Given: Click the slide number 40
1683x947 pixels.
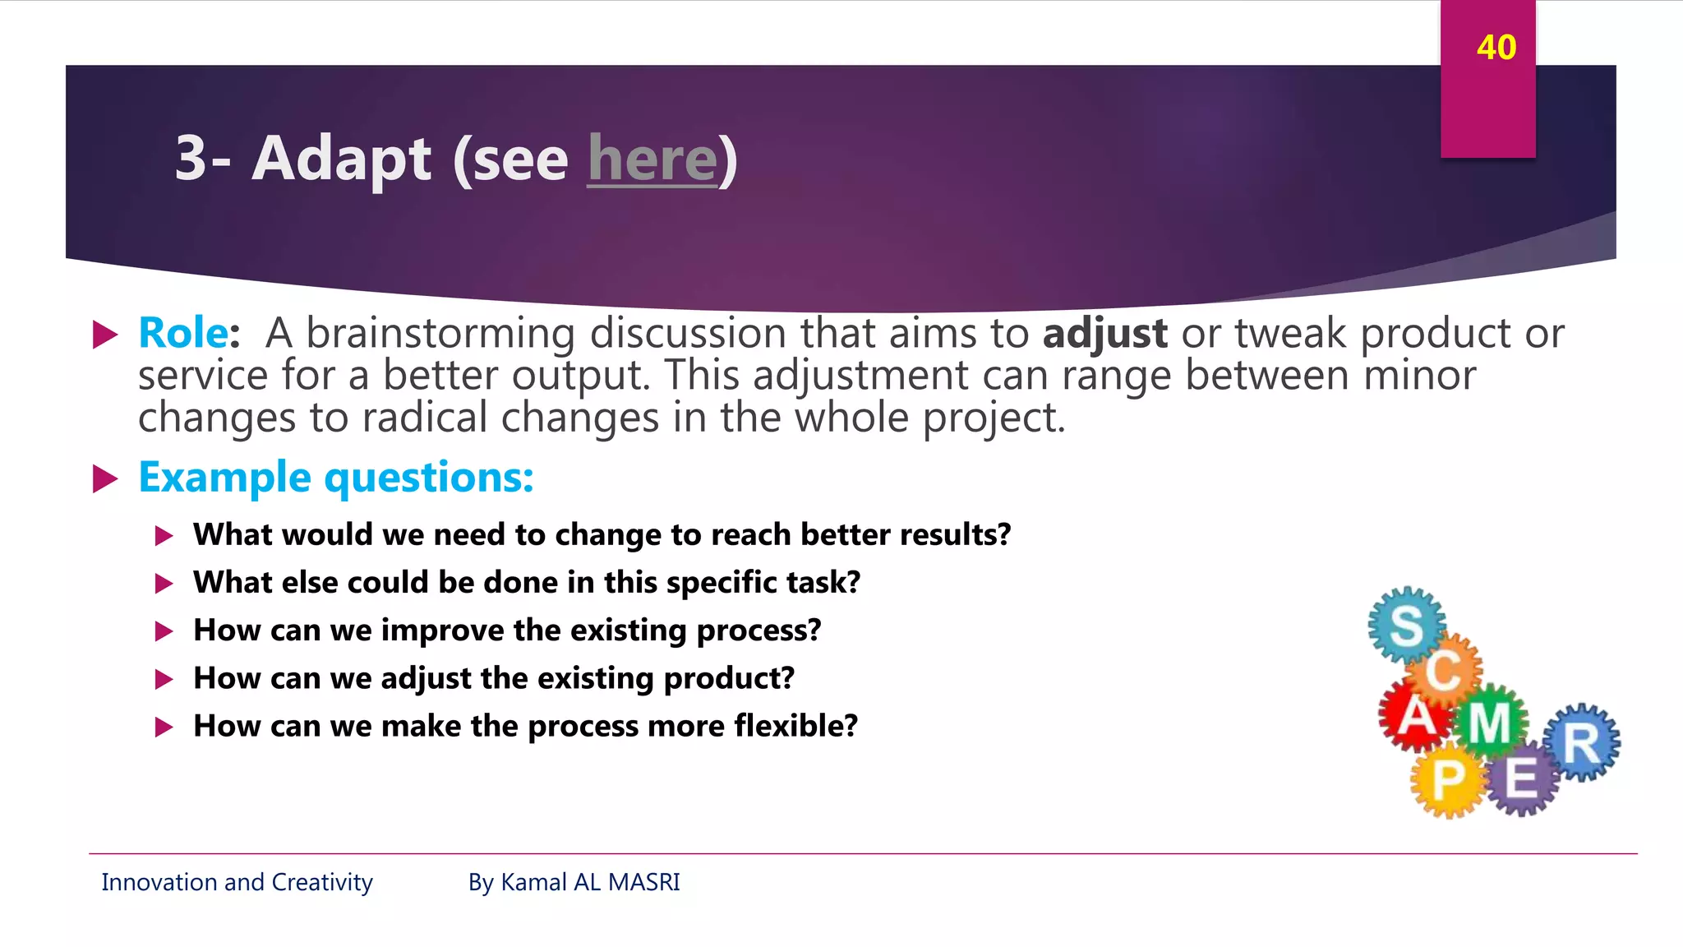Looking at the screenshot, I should click(x=1496, y=48).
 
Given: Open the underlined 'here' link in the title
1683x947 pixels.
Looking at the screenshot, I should click(x=652, y=159).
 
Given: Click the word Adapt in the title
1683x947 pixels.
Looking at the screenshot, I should click(x=341, y=159).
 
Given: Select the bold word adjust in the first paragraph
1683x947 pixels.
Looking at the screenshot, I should click(x=1104, y=334).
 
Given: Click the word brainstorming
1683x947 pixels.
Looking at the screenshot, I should click(x=440, y=334).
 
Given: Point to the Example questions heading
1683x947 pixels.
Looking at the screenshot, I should click(x=336, y=478).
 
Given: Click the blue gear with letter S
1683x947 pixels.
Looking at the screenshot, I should click(x=1406, y=625).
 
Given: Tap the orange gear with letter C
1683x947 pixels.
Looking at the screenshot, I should click(x=1444, y=670).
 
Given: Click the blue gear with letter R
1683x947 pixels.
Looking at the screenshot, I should click(x=1582, y=743).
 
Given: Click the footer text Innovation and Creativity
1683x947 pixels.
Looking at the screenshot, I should click(x=237, y=882).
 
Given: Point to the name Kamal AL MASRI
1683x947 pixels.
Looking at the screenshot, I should click(x=590, y=882).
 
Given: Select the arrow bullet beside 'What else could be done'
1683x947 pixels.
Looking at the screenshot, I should click(x=164, y=584).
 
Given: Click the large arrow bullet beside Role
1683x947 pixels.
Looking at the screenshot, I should click(x=105, y=335).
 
